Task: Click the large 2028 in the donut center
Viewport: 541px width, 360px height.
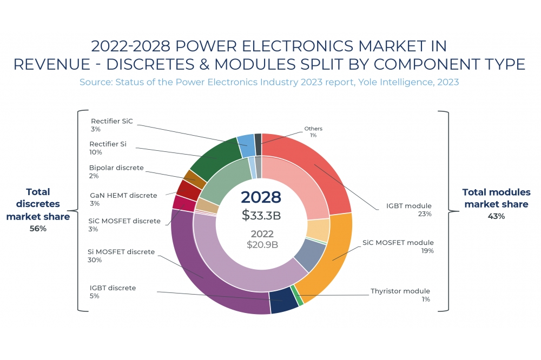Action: [x=261, y=197]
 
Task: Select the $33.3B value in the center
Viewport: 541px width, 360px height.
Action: [x=261, y=215]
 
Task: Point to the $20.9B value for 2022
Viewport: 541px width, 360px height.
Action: [x=262, y=244]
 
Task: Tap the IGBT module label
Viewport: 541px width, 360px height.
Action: [x=408, y=206]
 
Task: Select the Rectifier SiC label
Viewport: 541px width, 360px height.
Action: [x=111, y=121]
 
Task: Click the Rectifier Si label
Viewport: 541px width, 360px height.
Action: [x=108, y=144]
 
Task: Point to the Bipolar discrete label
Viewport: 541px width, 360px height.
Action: [x=116, y=168]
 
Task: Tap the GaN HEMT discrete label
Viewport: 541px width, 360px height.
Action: [x=123, y=195]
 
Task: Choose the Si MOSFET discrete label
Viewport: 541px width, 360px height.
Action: [x=121, y=252]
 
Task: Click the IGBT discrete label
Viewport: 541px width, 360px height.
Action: [x=113, y=288]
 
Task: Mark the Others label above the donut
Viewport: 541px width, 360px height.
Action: [x=313, y=129]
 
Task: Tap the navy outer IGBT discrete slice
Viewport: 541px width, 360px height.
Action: [x=284, y=302]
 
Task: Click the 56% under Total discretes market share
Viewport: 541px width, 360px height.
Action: [x=38, y=229]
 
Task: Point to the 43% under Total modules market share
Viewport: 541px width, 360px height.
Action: [x=496, y=216]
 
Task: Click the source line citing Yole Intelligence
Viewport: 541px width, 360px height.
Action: [x=269, y=82]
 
